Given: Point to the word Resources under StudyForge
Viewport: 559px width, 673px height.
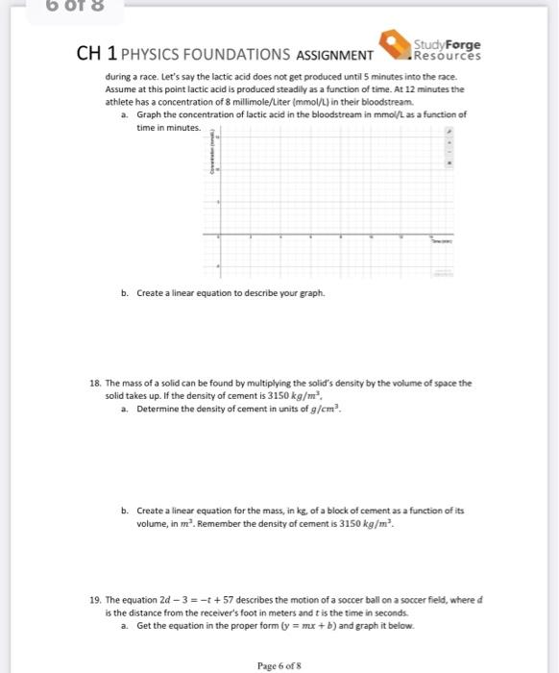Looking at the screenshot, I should click(447, 55).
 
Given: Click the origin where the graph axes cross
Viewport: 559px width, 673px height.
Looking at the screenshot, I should click(218, 235).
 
